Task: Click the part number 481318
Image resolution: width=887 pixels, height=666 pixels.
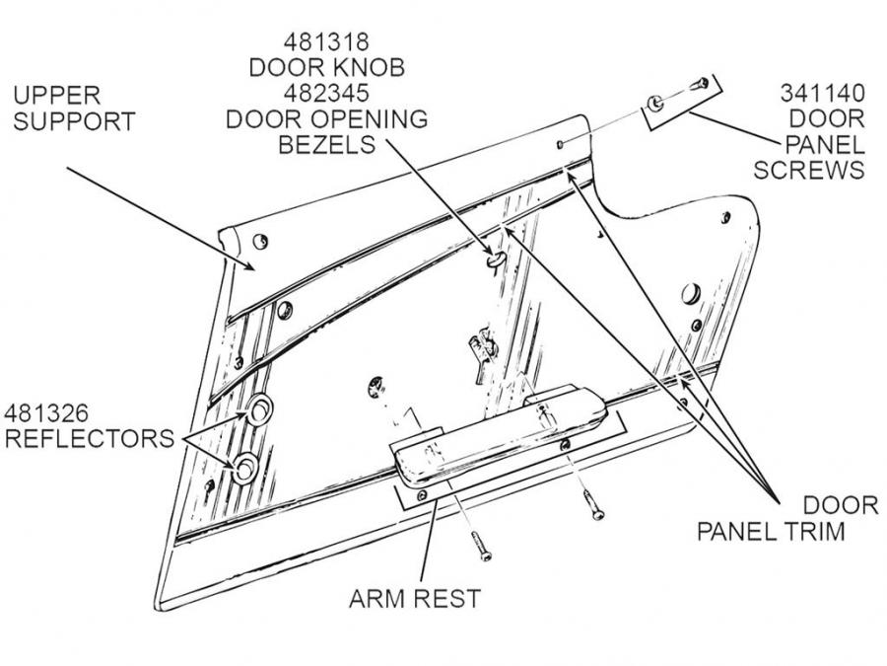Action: click(x=326, y=43)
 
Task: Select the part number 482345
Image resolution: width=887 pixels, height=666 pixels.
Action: click(x=326, y=94)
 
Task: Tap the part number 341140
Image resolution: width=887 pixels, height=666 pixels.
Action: click(x=823, y=94)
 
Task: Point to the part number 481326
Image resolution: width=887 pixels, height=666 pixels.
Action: click(x=47, y=411)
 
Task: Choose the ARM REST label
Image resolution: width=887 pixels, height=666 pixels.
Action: click(x=415, y=599)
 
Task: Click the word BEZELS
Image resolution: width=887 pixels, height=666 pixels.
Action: click(x=326, y=145)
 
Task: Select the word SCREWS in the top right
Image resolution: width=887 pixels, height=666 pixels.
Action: click(x=809, y=170)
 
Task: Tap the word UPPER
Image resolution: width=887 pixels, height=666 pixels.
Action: click(x=56, y=97)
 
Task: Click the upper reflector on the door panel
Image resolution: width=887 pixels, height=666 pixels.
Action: click(x=257, y=411)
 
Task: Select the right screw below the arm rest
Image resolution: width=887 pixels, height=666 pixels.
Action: click(x=593, y=505)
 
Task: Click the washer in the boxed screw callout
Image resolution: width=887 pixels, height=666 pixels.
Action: click(x=654, y=102)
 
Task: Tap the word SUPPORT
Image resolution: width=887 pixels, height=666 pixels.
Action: click(x=74, y=122)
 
